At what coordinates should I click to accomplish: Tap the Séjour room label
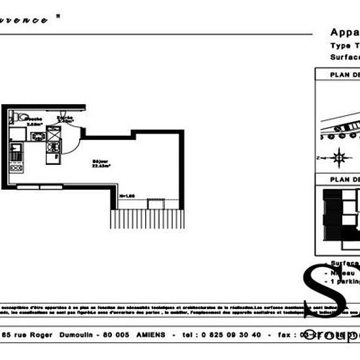[101, 164]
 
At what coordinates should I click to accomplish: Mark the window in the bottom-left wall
[38, 187]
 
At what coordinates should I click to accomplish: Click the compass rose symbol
[338, 157]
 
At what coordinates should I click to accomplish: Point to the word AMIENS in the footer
[151, 334]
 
